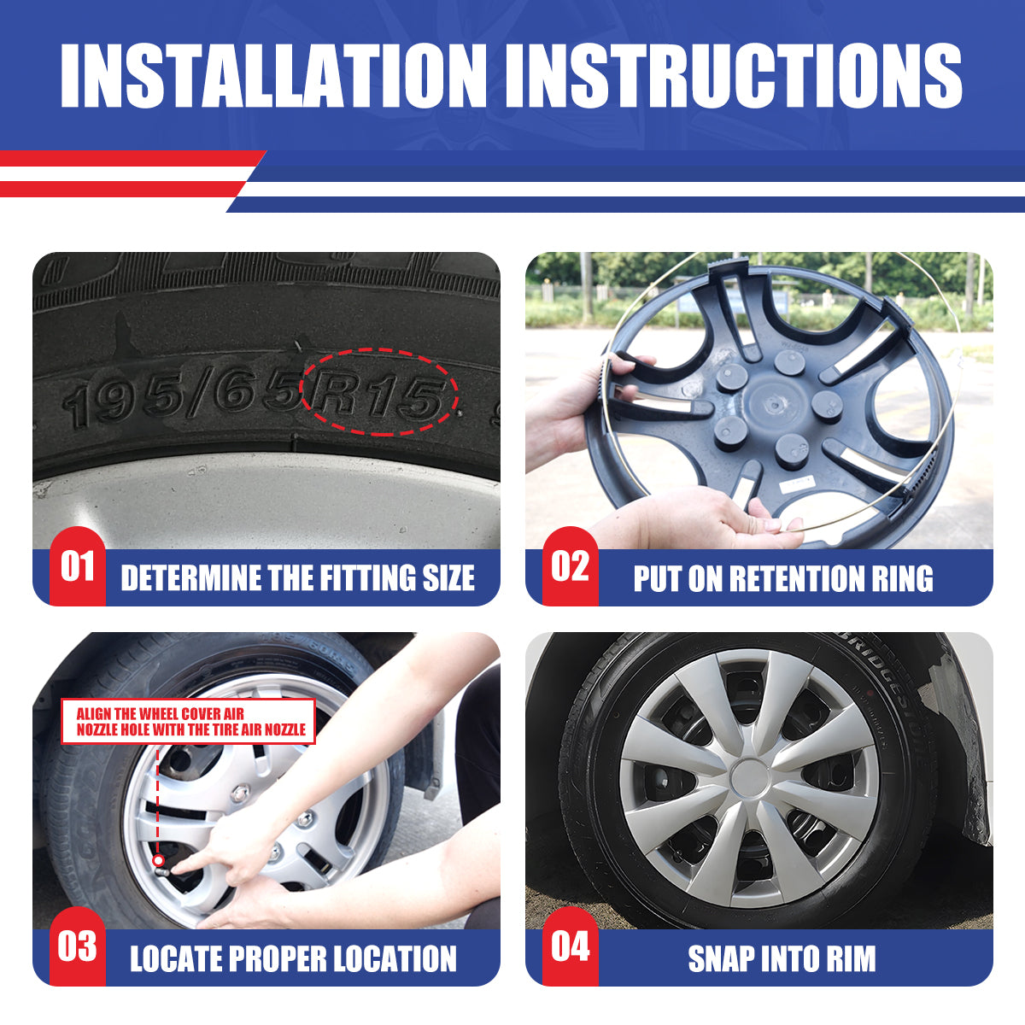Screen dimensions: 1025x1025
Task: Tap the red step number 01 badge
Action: coord(77,567)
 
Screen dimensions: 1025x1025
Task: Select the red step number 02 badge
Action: coord(570,567)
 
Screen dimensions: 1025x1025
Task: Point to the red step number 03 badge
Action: coord(77,947)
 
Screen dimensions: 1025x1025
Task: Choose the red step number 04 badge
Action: coord(570,947)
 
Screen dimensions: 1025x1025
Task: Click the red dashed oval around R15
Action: coord(379,392)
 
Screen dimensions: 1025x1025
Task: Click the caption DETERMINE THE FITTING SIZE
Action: coord(297,578)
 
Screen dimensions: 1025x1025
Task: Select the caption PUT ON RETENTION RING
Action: coord(783,578)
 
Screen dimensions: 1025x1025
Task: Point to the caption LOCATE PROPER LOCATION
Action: coord(293,958)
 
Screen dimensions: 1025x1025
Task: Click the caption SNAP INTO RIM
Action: coord(782,958)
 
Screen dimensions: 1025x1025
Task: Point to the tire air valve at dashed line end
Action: coord(159,861)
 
